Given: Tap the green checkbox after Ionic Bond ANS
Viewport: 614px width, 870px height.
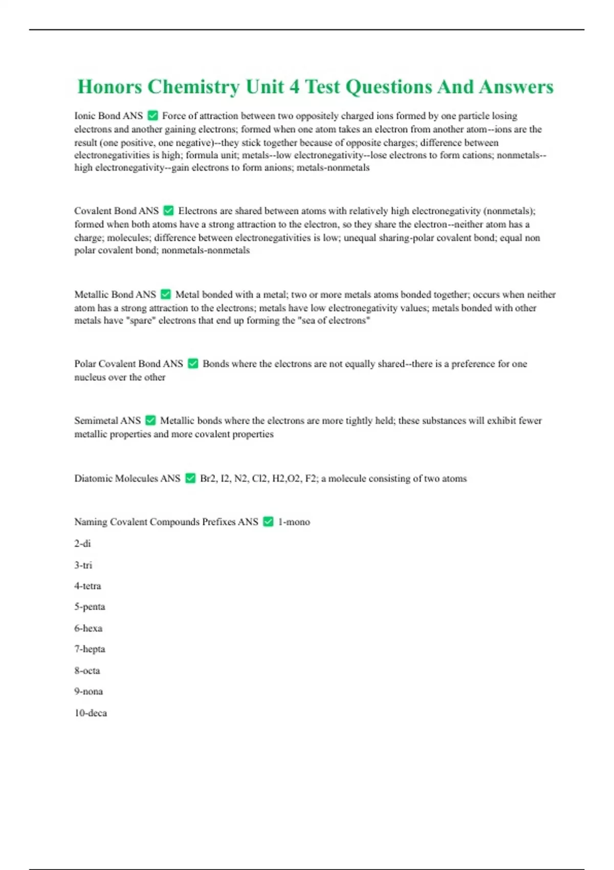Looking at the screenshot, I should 152,116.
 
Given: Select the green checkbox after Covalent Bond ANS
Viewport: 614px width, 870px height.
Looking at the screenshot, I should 168,210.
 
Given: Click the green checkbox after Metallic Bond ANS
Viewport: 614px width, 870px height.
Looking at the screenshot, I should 165,294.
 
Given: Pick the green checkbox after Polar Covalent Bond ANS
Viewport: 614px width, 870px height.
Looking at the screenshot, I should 193,363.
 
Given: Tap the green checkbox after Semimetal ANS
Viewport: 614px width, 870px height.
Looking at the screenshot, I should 150,420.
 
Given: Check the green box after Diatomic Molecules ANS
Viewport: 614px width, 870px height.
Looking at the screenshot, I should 190,478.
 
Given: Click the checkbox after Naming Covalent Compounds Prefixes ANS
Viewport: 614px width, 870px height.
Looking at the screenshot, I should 268,521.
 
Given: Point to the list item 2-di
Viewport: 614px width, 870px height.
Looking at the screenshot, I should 82,543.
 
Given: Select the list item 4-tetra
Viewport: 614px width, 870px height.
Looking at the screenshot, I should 87,585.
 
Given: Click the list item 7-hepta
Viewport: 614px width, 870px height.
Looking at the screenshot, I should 90,649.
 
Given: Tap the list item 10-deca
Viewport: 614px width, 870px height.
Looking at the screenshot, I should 91,713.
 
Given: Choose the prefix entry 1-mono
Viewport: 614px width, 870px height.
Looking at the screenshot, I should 294,522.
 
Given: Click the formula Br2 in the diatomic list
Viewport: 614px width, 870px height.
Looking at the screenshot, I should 208,478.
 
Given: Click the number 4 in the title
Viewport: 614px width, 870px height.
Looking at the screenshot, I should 294,87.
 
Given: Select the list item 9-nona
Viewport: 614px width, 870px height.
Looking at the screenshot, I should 89,691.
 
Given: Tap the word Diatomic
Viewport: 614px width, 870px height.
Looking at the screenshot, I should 93,478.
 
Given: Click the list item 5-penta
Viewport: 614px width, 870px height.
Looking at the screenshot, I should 90,606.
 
